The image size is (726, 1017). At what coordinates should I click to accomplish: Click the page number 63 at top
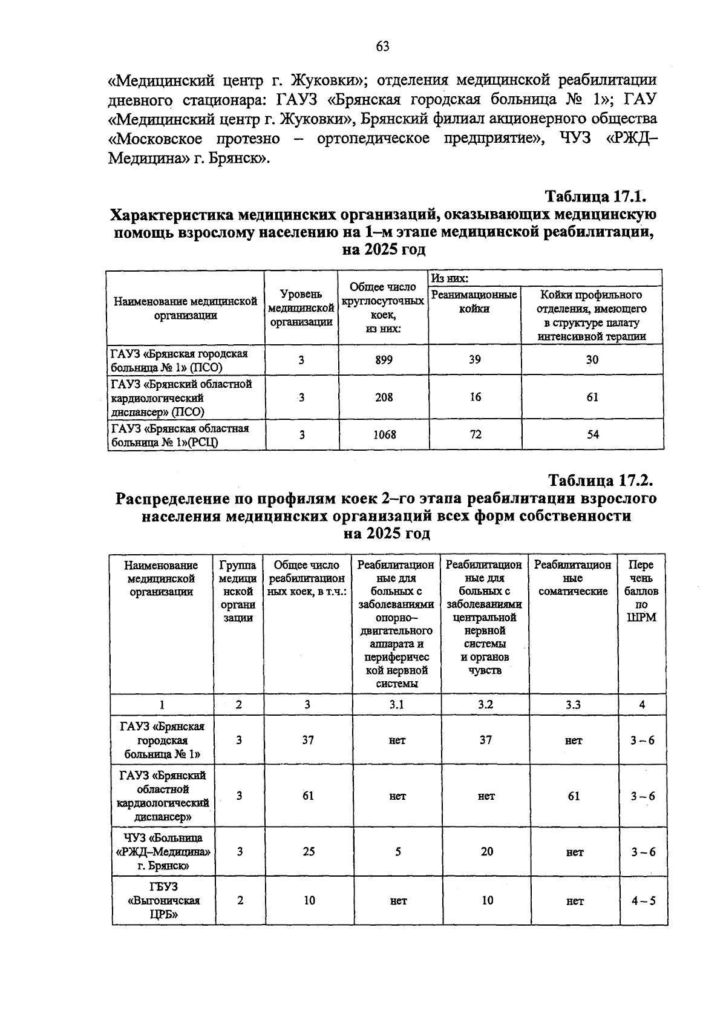pos(382,47)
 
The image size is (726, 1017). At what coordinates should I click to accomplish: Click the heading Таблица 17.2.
pos(601,482)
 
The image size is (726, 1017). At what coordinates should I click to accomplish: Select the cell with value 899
pos(384,360)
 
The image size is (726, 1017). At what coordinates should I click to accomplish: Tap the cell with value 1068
pos(384,434)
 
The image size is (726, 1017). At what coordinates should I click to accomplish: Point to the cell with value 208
pos(384,397)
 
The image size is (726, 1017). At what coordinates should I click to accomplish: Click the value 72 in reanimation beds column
pos(476,434)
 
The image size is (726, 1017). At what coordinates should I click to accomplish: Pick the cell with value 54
pos(593,434)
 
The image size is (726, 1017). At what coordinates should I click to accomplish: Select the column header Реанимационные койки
pos(474,302)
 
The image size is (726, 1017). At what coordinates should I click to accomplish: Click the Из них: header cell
pos(450,278)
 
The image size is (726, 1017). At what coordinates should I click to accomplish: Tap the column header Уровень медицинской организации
pos(301,308)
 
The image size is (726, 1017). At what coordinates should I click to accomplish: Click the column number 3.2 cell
pos(485,704)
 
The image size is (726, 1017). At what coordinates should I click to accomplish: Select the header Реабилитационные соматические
pos(573,578)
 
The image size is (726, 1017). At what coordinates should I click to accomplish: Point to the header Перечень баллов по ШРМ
pos(641,591)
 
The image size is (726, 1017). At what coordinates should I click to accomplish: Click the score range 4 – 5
pos(643,901)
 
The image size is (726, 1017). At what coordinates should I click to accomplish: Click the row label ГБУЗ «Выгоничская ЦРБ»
pos(163,900)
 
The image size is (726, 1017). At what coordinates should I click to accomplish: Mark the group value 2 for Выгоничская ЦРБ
pos(240,900)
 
